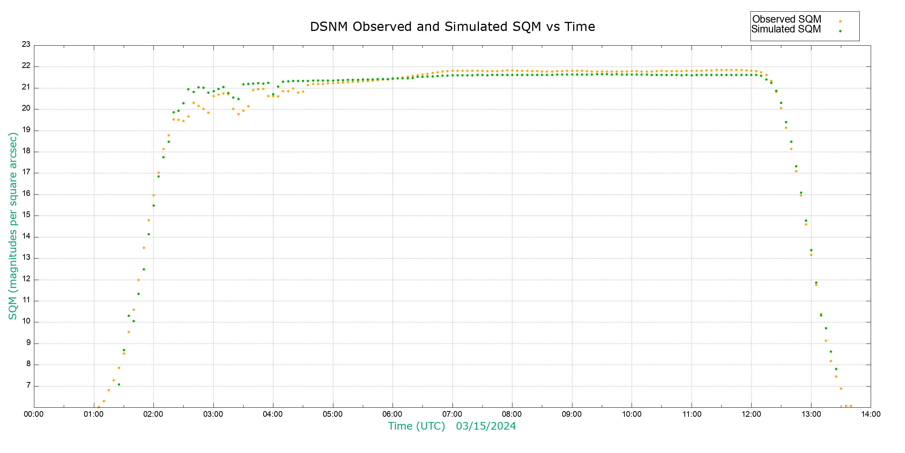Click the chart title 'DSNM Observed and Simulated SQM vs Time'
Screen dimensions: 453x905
click(452, 27)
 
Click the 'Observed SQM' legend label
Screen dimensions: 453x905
click(787, 19)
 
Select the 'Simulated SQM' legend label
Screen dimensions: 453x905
click(786, 29)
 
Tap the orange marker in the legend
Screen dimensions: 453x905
click(840, 21)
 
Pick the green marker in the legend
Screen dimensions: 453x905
click(840, 31)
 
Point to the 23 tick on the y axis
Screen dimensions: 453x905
click(26, 45)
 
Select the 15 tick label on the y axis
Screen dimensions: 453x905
click(26, 215)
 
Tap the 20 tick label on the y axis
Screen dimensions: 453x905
click(26, 108)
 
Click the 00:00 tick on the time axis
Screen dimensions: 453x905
click(34, 414)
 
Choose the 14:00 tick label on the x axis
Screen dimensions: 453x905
click(871, 414)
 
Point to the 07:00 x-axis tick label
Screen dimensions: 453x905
click(452, 414)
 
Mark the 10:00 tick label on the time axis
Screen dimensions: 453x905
click(632, 414)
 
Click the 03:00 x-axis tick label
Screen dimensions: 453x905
click(213, 414)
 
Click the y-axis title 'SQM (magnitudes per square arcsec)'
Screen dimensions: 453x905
click(13, 226)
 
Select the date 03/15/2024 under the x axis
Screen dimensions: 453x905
click(486, 426)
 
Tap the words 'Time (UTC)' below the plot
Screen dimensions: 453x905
click(416, 426)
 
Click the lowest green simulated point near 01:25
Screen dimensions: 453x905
click(119, 384)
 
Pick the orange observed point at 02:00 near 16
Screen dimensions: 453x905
click(153, 195)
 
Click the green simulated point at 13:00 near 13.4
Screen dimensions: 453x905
click(811, 250)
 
